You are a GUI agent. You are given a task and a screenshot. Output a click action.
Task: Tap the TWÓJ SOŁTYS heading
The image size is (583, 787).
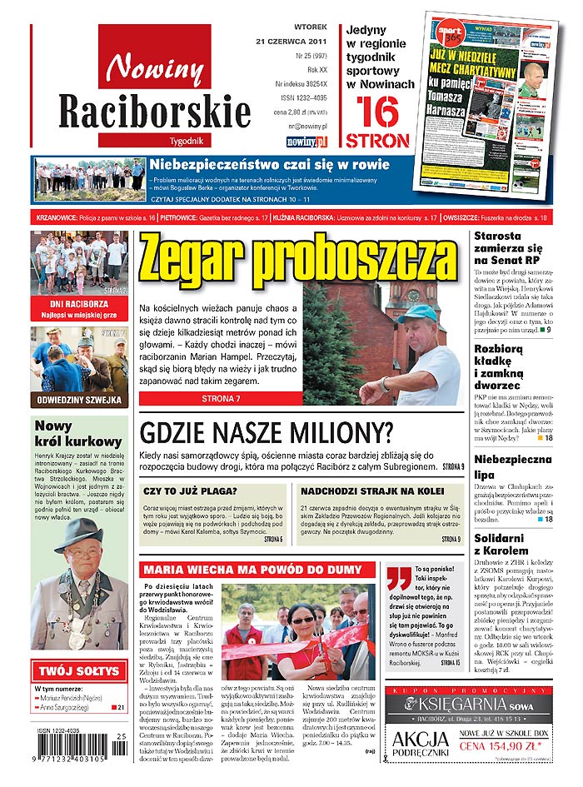[79, 670]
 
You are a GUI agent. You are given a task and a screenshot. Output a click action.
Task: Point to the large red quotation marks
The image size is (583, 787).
[398, 576]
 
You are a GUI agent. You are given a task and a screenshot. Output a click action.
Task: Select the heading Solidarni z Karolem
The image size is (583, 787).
[502, 544]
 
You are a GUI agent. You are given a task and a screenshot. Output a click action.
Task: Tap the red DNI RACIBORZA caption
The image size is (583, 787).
[78, 305]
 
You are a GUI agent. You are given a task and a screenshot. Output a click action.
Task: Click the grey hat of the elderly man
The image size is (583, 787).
[77, 532]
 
